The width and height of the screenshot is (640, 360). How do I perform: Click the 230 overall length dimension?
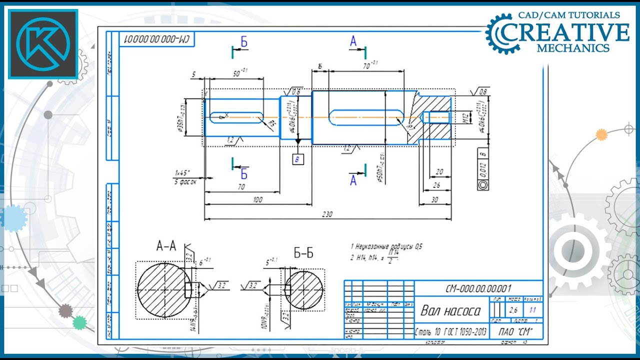tap(326, 214)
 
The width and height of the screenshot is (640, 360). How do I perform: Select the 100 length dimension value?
tap(257, 199)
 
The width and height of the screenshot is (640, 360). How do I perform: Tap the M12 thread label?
tap(464, 118)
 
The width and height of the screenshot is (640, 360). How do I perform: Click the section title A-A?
tap(166, 245)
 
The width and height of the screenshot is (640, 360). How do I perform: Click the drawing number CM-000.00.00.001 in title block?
tap(478, 288)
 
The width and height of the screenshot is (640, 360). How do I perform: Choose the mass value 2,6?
tap(513, 310)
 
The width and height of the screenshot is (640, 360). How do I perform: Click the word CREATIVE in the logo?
tap(565, 32)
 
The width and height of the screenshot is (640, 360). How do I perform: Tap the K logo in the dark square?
tap(43, 44)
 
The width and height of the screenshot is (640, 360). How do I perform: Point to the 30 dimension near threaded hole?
tap(434, 199)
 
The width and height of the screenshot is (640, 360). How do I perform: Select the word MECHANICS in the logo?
tap(573, 48)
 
